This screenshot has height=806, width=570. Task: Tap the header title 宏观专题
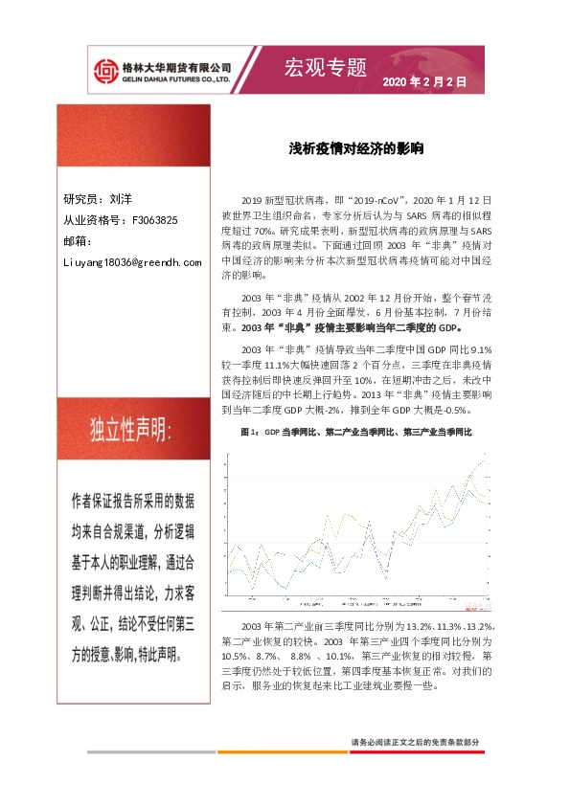[326, 67]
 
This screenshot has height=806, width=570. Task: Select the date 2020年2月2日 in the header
[424, 83]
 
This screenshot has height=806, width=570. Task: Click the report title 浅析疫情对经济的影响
[357, 150]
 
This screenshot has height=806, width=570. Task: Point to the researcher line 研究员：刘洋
[98, 200]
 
